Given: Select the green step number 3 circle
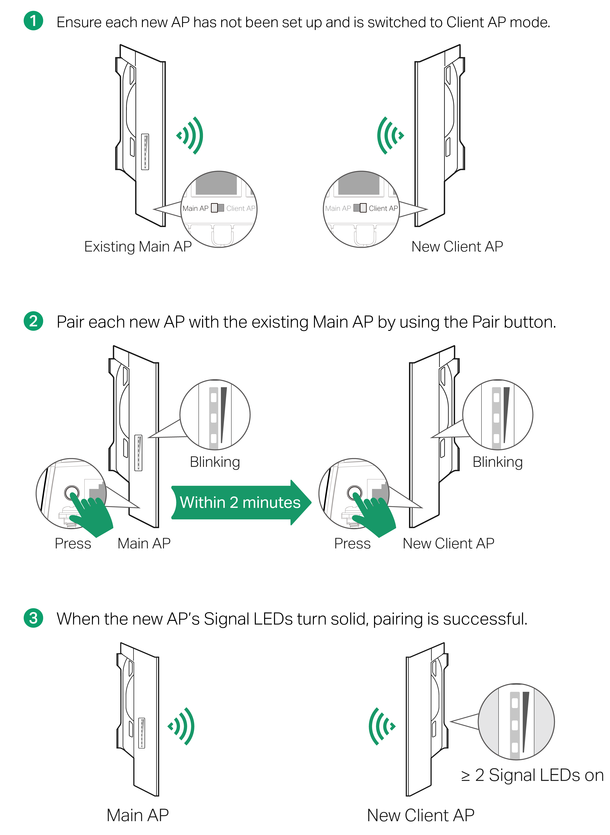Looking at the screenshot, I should [33, 618].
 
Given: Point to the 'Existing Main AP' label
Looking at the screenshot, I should [138, 247].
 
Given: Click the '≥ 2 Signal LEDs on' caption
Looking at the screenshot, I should [532, 775].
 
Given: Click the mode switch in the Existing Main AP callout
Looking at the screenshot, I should [217, 208].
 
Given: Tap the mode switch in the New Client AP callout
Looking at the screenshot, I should [360, 208].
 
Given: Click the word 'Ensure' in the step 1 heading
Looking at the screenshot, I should [79, 23].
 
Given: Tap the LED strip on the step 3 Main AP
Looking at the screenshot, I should [141, 733].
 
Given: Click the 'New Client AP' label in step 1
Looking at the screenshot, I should [457, 247].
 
